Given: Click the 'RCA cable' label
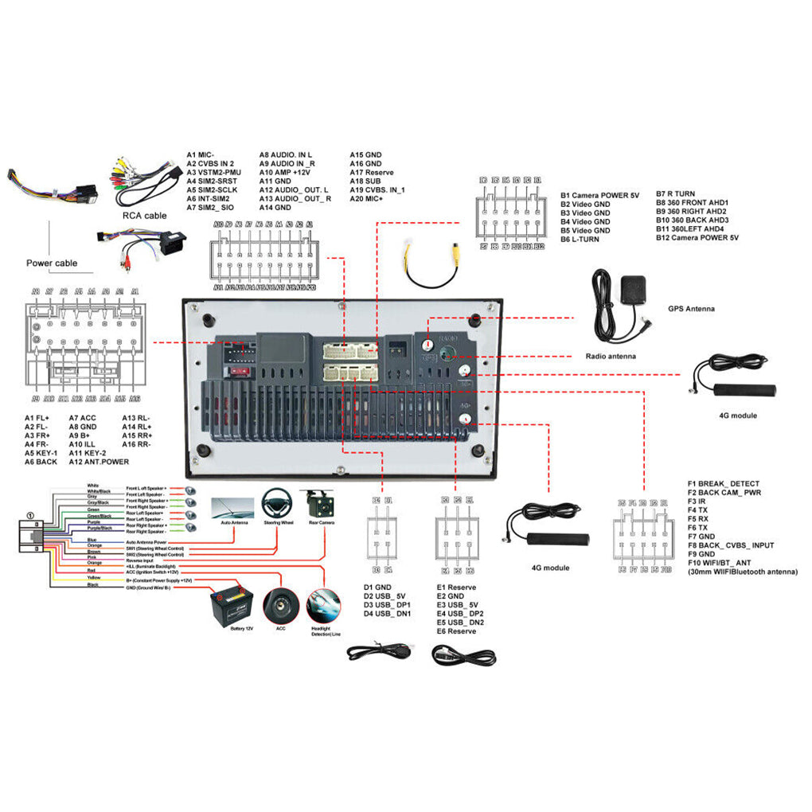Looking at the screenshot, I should tap(144, 215).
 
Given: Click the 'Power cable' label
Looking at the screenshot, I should tap(52, 263).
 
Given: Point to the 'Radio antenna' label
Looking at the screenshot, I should tap(611, 357).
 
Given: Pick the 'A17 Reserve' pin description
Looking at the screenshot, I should tap(372, 172).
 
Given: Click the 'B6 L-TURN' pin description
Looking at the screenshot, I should tap(580, 239).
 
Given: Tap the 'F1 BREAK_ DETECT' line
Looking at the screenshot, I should tap(723, 483).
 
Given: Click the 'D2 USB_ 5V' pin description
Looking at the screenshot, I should tap(385, 596).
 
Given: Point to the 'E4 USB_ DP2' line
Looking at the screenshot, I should tap(460, 614).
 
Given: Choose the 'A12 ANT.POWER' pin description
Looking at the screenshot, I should tap(99, 462).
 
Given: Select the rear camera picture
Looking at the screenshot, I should tap(321, 505).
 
